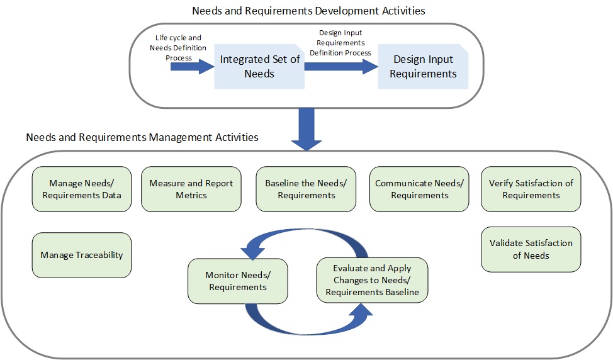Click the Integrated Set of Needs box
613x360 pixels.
[x=259, y=67]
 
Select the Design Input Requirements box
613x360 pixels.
[x=423, y=67]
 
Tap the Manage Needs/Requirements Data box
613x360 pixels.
[x=82, y=189]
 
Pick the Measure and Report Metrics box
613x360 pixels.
[x=191, y=189]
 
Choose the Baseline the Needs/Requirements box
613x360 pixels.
[x=306, y=189]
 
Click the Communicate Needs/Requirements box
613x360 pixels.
[x=419, y=189]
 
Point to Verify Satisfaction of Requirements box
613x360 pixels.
[x=531, y=189]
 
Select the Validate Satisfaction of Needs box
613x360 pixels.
[x=531, y=249]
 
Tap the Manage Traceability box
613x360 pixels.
[x=82, y=256]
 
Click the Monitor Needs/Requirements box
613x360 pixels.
[x=238, y=281]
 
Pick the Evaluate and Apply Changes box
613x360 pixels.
[x=372, y=280]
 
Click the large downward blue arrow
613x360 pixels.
[x=306, y=130]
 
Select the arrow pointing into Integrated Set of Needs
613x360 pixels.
[x=193, y=67]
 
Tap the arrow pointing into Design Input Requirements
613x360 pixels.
[x=341, y=67]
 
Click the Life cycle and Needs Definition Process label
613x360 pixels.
[x=178, y=48]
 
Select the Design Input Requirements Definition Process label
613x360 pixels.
[x=340, y=43]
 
